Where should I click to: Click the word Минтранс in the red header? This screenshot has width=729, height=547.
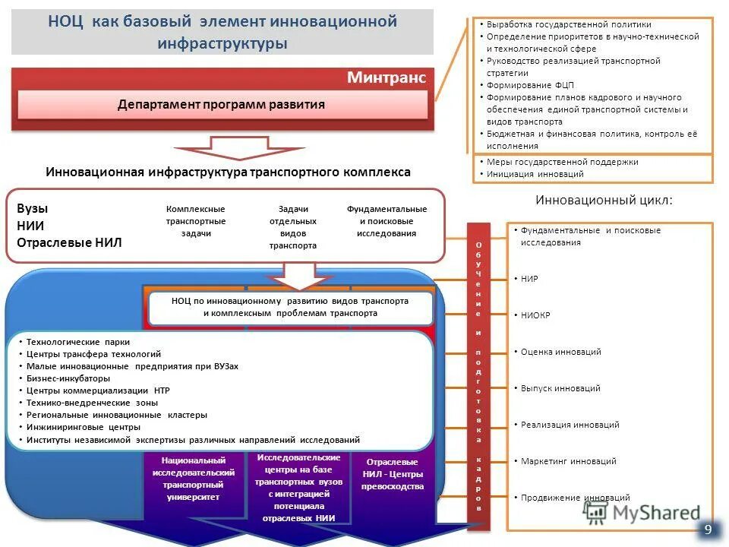(387, 77)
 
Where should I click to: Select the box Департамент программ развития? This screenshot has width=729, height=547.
(221, 104)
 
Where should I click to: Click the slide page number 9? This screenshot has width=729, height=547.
(708, 530)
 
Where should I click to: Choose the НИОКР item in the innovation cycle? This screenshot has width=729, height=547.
(535, 315)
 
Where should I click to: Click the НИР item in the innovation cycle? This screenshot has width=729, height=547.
(529, 279)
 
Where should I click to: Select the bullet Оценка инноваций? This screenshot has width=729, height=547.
(560, 352)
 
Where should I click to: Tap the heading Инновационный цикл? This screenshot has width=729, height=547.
(604, 201)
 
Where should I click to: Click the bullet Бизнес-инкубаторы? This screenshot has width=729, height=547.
(68, 378)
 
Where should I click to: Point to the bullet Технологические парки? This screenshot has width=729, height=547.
(83, 342)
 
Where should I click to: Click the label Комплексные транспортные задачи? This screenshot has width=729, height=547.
(196, 221)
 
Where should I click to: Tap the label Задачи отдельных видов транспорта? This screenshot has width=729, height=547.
(292, 227)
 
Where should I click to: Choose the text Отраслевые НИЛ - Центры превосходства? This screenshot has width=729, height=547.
(393, 474)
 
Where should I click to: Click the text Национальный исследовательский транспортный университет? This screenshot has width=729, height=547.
(192, 479)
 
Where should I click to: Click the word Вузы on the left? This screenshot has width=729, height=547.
(32, 208)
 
